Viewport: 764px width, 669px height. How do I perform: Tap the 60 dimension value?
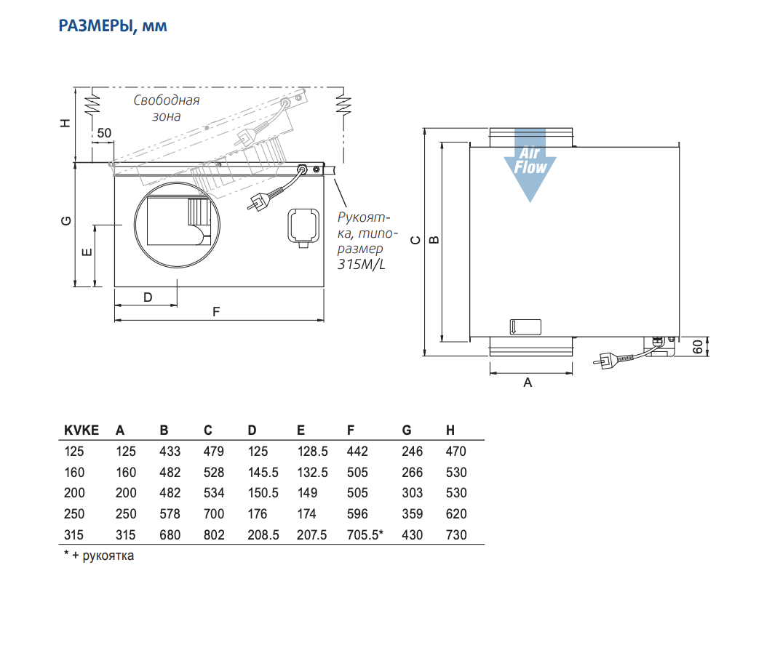[x=698, y=347]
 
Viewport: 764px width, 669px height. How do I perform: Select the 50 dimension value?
[x=104, y=133]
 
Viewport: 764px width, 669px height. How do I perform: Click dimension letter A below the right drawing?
[x=528, y=382]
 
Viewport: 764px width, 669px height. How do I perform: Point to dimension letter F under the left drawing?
[x=216, y=312]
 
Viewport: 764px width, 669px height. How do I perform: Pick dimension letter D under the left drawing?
[x=148, y=297]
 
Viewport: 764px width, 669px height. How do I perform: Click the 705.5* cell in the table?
[x=365, y=534]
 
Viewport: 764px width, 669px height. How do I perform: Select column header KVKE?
[x=81, y=430]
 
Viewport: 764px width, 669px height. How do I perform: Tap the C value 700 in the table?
[x=214, y=513]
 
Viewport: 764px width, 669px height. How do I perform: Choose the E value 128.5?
[x=312, y=452]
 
